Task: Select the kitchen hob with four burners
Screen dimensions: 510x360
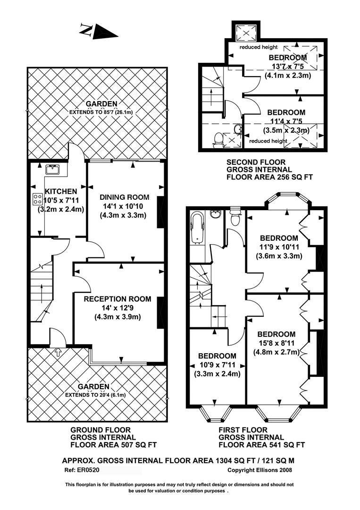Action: (x=37, y=199)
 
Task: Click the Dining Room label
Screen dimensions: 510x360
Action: (x=125, y=197)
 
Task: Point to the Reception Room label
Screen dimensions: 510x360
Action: (x=117, y=299)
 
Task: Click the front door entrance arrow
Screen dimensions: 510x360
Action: (x=58, y=351)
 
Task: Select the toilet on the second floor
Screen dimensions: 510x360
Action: (x=218, y=138)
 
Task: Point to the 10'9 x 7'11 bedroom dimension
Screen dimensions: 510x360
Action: (x=217, y=365)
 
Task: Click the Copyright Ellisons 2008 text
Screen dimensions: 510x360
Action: (x=260, y=470)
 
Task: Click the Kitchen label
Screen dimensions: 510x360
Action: (x=61, y=191)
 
